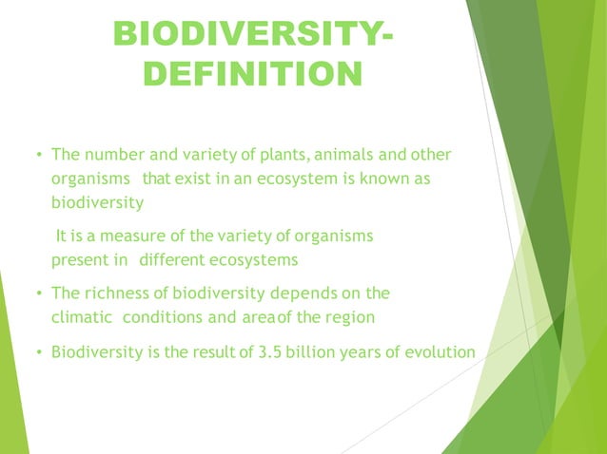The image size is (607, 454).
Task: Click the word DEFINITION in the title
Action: (251, 74)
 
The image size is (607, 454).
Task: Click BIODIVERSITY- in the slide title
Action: (251, 33)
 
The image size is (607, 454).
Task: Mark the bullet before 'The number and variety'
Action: (38, 155)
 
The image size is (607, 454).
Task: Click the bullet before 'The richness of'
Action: (38, 293)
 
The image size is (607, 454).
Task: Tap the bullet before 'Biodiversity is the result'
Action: (38, 352)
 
